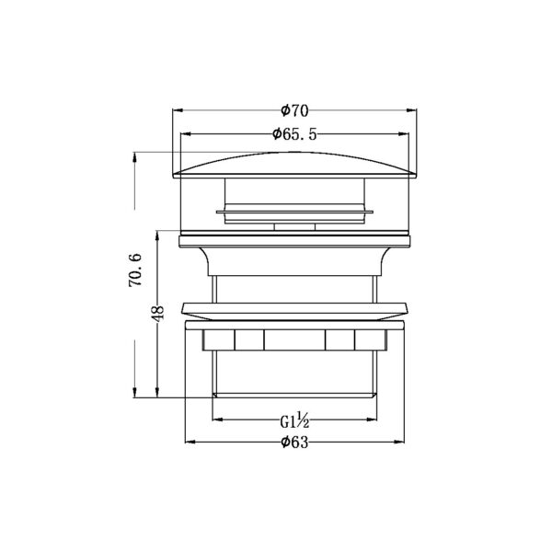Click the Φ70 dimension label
tap(294, 110)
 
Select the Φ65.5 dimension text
tap(294, 134)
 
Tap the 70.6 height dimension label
tap(135, 270)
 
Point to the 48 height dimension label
tap(158, 313)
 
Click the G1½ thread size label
tap(294, 420)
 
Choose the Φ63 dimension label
tap(294, 443)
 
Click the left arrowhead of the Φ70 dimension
tap(178, 110)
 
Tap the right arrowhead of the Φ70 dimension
tap(411, 110)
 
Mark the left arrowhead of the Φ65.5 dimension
tap(186, 134)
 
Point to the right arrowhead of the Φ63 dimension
tap(399, 442)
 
